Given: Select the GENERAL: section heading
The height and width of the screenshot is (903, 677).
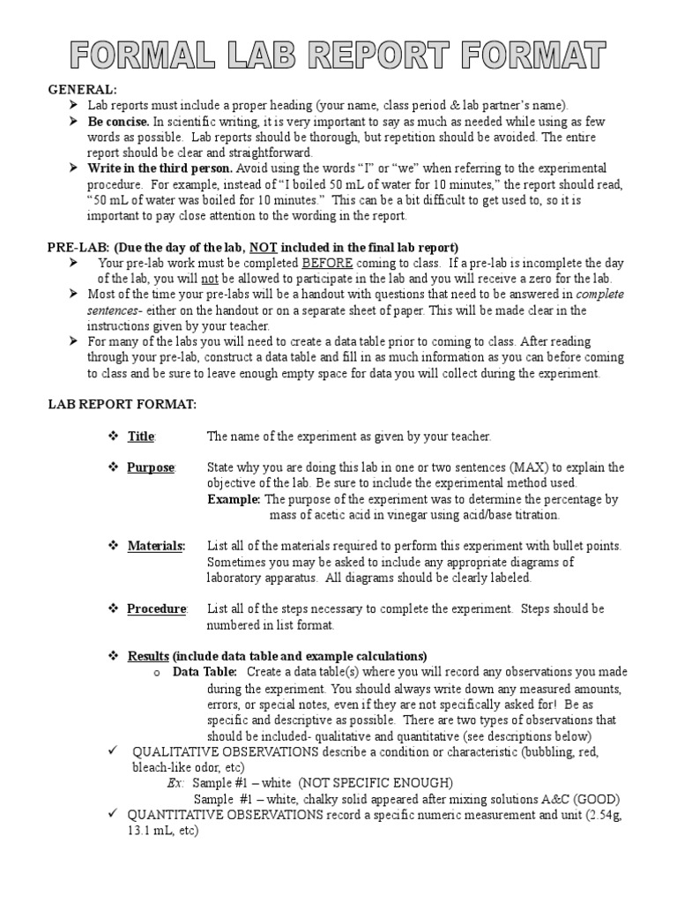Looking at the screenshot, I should [x=82, y=90].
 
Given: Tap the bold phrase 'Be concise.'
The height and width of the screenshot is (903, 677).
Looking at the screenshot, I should [x=118, y=122].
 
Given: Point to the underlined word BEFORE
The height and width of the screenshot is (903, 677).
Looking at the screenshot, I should [x=328, y=263].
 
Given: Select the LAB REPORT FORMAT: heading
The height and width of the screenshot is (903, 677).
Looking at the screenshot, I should [x=122, y=404].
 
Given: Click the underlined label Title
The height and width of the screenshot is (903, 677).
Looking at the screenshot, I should [x=140, y=437].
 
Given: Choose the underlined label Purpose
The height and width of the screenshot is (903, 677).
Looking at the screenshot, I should [x=151, y=467].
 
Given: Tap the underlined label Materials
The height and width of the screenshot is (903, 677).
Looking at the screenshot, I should [x=155, y=546].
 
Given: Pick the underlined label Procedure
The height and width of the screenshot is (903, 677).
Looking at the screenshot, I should [x=156, y=608].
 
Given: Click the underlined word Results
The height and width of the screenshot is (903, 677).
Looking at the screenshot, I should [x=148, y=656].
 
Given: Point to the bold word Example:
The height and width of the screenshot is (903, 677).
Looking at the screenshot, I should [x=233, y=499].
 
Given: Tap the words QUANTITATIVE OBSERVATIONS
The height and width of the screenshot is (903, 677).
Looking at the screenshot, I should [x=225, y=815].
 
